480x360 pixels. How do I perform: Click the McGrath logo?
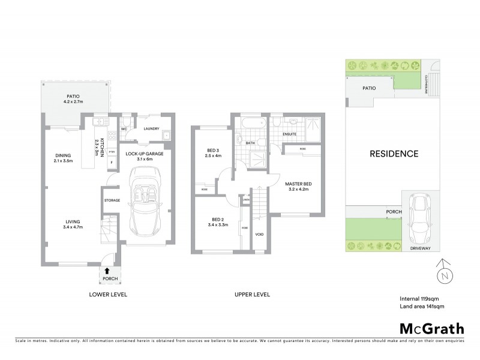tap(431, 328)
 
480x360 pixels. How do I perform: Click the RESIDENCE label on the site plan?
tap(394, 154)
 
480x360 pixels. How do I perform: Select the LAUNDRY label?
tap(151, 128)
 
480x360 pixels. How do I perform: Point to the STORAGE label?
tap(112, 200)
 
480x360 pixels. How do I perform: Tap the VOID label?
tap(259, 234)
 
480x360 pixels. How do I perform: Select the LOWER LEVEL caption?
tap(108, 295)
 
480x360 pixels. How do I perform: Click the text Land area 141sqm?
tap(422, 307)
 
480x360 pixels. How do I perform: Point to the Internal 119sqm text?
tap(421, 298)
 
